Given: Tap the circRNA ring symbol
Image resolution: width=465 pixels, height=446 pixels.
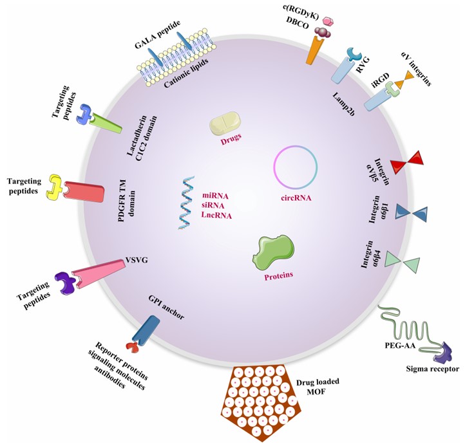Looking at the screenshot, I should coord(296,168).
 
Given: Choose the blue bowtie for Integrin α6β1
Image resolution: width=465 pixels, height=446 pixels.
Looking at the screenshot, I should coord(410,212).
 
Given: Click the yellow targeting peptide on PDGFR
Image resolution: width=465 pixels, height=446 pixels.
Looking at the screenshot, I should coord(55,186).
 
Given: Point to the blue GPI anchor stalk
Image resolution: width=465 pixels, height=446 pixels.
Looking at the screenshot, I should coord(145,329).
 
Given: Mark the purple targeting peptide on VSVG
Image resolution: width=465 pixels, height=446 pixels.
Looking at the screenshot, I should coord(66,281).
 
